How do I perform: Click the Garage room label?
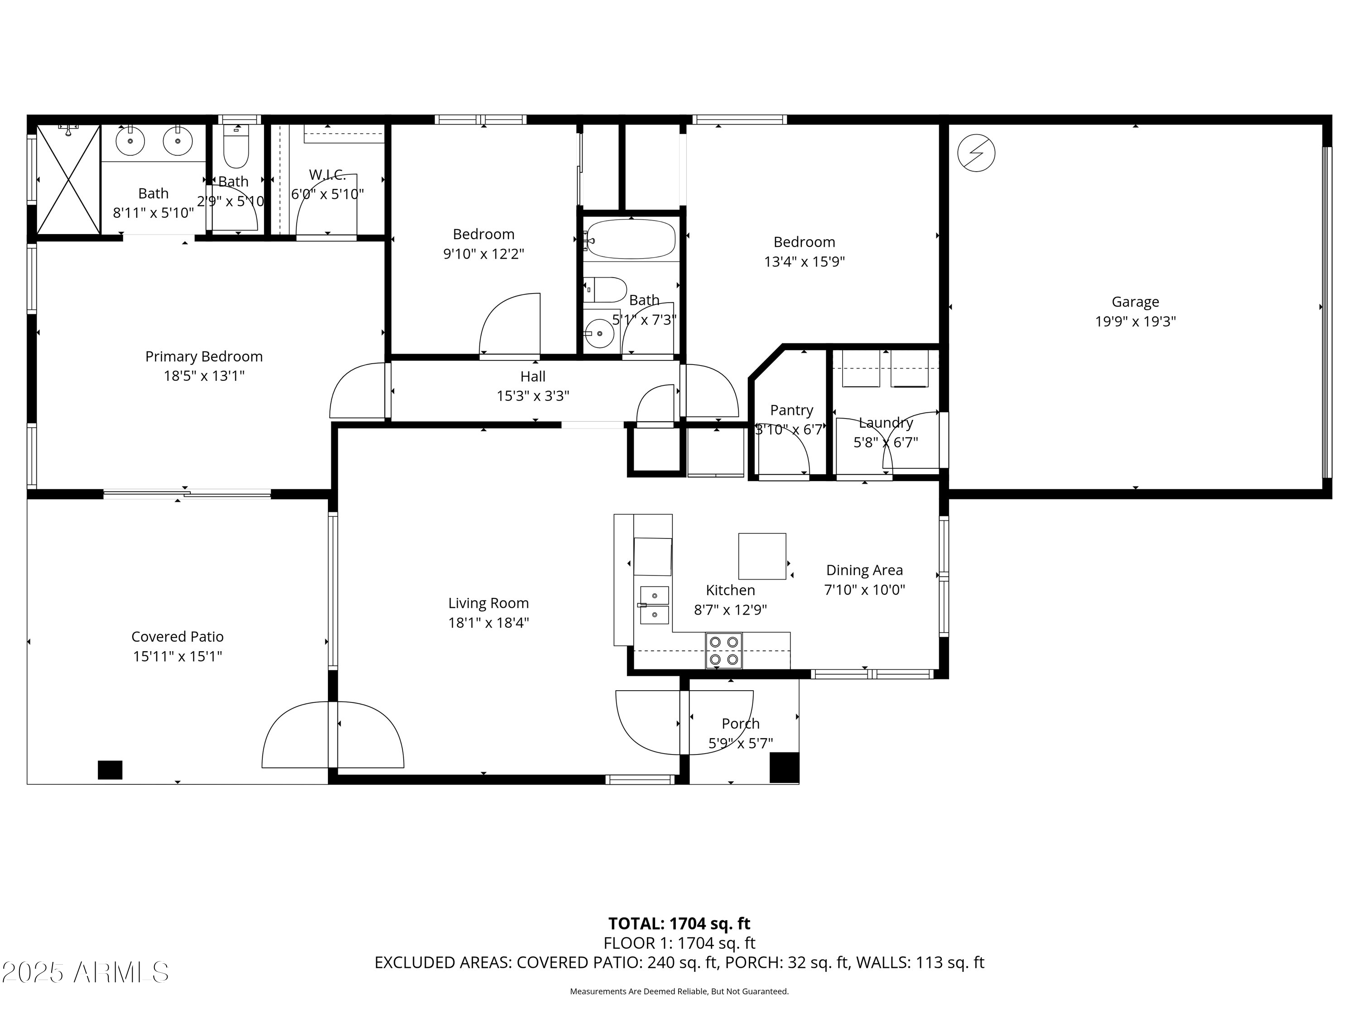click(1135, 302)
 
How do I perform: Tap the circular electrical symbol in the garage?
click(976, 153)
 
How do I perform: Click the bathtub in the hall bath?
click(631, 240)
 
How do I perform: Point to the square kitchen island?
click(762, 556)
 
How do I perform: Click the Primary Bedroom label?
click(204, 356)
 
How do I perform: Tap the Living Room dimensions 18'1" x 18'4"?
click(488, 622)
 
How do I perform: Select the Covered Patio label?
click(178, 636)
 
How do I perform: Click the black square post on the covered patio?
click(110, 769)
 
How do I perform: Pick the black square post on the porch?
click(785, 767)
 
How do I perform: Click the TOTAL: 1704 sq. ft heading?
click(679, 923)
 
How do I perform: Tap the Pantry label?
click(791, 410)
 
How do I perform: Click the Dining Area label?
click(864, 570)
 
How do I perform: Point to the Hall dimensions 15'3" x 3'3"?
click(533, 395)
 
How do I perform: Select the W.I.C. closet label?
click(328, 174)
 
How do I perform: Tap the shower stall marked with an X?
click(68, 179)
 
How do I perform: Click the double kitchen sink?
click(654, 605)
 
